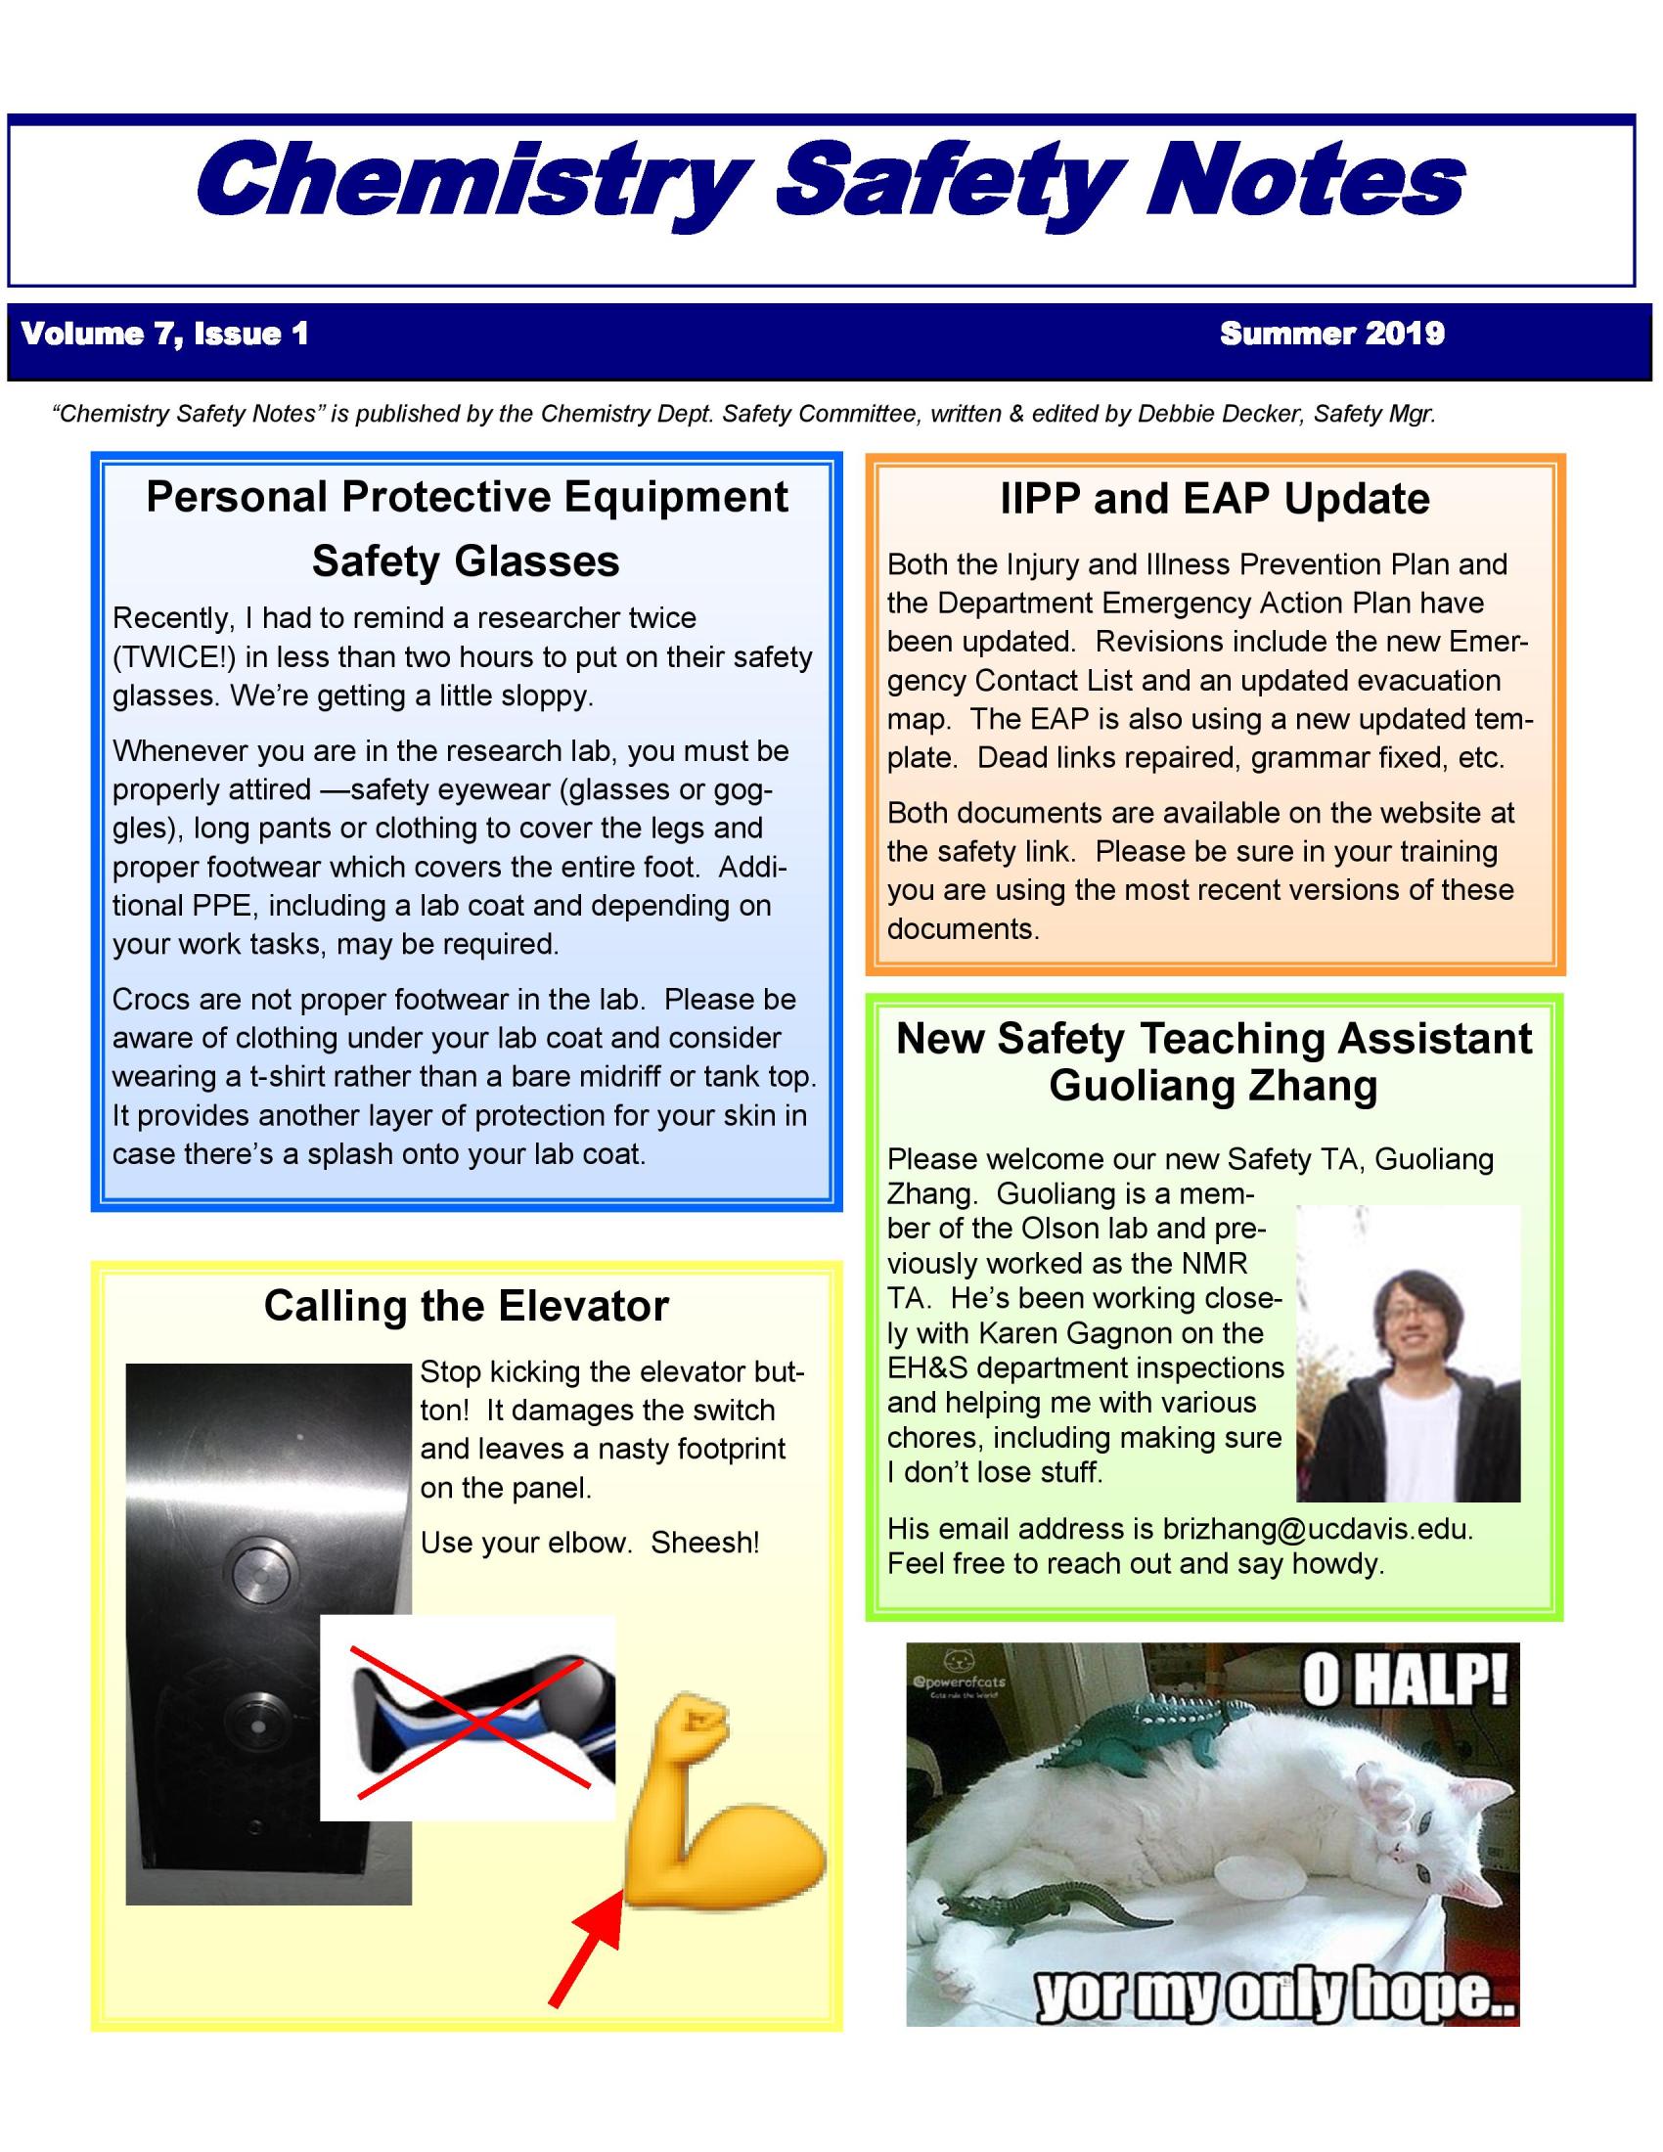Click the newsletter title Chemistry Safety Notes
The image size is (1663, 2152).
click(831, 180)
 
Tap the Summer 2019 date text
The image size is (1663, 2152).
click(1332, 334)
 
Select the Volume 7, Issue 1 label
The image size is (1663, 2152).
click(165, 334)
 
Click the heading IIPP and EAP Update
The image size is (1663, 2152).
click(1214, 499)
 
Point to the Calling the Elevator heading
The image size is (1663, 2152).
click(466, 1306)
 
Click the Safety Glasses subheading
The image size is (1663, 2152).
click(466, 561)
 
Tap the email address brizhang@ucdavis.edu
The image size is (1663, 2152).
click(1316, 1528)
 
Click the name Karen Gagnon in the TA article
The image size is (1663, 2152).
click(1121, 1333)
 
